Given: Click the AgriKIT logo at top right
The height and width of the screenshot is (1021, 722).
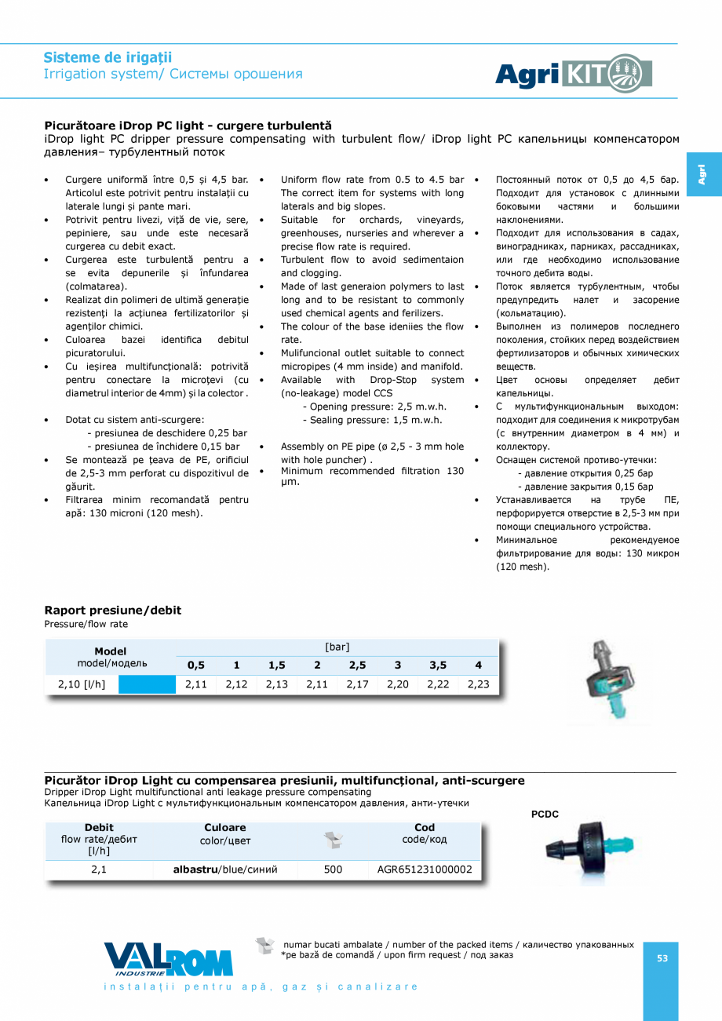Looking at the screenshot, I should point(574,74).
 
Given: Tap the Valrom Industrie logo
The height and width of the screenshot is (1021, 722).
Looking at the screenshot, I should point(168,959).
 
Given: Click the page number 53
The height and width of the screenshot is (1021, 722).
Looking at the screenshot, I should point(662,958).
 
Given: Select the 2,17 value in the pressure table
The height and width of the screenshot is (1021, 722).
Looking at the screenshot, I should point(357,684).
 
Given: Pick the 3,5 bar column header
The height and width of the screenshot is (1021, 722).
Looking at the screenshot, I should point(438,665).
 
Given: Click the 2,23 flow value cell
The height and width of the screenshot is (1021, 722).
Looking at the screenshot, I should point(478,684).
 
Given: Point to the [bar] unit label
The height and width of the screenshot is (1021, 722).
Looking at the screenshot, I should point(337,647).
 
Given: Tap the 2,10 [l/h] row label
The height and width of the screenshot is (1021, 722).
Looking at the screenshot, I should point(82,684).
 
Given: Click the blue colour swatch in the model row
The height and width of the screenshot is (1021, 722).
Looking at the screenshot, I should point(147,684).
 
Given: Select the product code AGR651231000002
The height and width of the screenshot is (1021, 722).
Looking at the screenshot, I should point(425,870).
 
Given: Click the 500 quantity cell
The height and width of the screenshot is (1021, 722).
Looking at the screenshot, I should point(333,870).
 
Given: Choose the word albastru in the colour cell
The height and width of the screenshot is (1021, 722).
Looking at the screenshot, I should point(195,870).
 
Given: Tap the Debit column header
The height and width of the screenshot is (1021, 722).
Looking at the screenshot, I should point(99,827).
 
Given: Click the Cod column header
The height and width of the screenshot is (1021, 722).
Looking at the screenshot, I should point(425,827).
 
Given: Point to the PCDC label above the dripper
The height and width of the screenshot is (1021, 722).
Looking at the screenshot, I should point(545,814).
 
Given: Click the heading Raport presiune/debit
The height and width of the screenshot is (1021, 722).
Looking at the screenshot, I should point(112,610).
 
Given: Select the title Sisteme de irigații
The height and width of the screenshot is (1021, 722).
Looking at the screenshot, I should point(108,57).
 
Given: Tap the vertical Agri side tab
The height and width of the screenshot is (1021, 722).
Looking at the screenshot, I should point(701,174).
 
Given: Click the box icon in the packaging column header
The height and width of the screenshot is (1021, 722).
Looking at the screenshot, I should point(333,841).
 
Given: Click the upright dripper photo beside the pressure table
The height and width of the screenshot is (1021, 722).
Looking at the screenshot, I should point(608,680).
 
